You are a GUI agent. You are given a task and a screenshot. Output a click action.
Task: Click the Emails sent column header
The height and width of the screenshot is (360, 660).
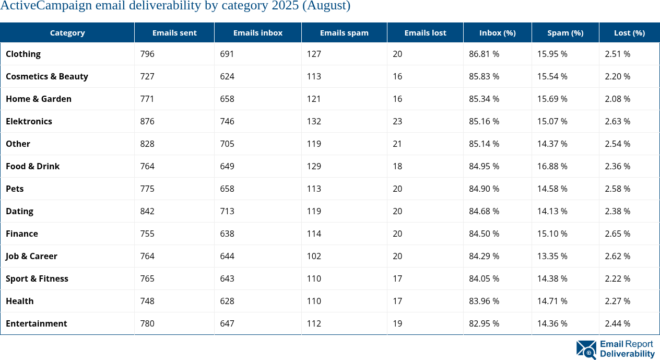tap(174, 32)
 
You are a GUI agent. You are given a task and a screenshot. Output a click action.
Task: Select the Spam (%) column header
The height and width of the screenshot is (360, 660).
tap(565, 32)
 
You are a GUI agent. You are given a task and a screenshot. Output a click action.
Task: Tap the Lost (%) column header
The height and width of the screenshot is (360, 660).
tap(629, 32)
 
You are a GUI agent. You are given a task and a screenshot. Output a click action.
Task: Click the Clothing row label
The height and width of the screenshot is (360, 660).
tap(23, 54)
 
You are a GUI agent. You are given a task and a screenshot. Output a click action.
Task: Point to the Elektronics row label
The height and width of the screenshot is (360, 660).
tap(29, 121)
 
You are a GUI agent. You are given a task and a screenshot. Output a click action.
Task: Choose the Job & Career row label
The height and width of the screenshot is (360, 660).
tap(31, 256)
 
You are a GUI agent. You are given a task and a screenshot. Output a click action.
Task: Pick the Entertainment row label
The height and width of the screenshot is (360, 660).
tap(36, 323)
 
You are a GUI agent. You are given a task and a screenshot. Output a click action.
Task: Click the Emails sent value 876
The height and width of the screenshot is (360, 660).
tap(147, 121)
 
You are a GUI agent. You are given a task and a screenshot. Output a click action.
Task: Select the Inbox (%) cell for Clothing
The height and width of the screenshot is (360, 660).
tap(484, 54)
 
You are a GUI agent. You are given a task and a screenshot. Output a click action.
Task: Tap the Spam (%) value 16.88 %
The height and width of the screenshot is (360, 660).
tap(552, 166)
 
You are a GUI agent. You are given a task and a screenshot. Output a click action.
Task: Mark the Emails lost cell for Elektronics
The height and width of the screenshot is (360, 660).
tap(397, 121)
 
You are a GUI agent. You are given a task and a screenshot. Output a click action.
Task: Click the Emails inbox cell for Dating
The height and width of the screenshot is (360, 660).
tap(227, 211)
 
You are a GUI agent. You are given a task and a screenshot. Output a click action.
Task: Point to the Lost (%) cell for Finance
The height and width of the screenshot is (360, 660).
tap(617, 234)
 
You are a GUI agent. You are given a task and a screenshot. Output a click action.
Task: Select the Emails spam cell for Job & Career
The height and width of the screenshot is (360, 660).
tap(314, 256)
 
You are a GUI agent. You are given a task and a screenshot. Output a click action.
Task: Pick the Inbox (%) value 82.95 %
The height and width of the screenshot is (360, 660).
tap(484, 323)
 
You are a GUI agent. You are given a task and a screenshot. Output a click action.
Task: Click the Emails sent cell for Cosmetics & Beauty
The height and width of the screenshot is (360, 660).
tap(147, 76)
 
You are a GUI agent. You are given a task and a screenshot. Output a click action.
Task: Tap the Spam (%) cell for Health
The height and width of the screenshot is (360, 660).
tap(552, 301)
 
